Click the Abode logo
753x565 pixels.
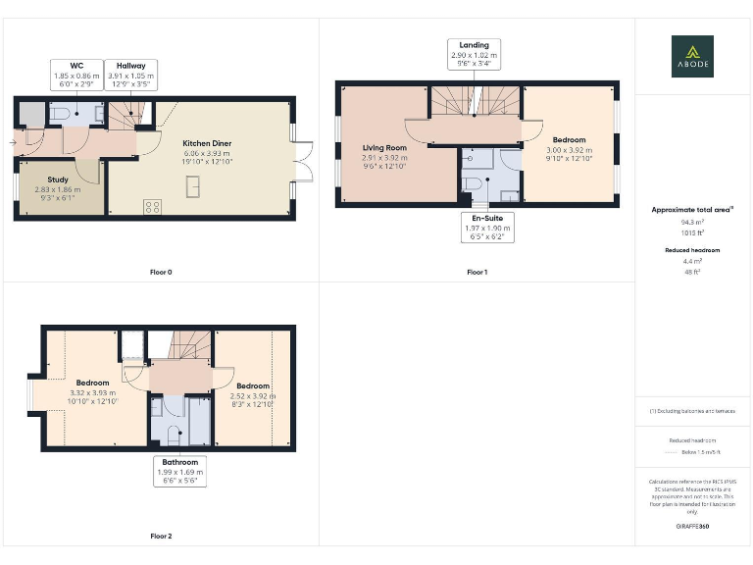[692, 56]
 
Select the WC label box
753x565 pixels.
[76, 77]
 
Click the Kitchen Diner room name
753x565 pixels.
[207, 143]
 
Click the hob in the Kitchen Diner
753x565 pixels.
[153, 206]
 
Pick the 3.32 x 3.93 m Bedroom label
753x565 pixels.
[93, 391]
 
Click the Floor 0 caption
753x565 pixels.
[161, 271]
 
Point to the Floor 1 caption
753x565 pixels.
[477, 271]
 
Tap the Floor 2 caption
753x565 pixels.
[161, 537]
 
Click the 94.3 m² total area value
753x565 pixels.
[692, 223]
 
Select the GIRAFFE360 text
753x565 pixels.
[692, 527]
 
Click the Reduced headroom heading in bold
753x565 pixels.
[692, 250]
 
